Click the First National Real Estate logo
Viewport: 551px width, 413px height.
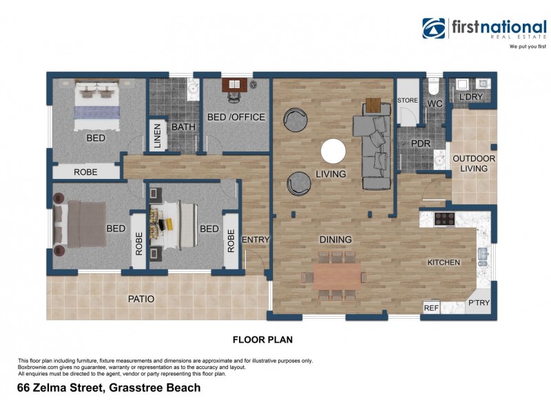coord(484,30)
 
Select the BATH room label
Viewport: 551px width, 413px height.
coord(183,127)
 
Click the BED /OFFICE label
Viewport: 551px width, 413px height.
coord(236,117)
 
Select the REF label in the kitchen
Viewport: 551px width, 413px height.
coord(431,308)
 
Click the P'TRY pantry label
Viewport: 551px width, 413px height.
coord(478,304)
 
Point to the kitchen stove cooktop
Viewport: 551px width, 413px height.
coord(446,219)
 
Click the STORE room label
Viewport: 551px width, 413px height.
coord(408,101)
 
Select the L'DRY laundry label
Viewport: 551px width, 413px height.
coord(471,97)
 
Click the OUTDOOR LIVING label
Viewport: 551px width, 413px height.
coord(474,163)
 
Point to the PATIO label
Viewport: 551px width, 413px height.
coord(141,299)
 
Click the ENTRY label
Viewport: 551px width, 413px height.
coord(256,240)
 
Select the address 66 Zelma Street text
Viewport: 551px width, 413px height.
coord(109,388)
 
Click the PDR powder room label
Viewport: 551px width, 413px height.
coord(420,144)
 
